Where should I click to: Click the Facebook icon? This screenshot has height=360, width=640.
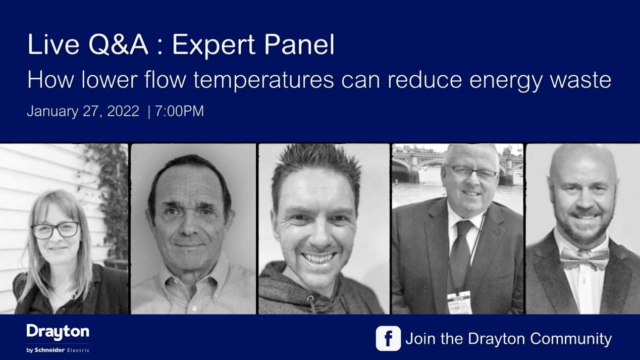click(388, 338)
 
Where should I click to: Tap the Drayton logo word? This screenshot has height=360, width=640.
click(58, 332)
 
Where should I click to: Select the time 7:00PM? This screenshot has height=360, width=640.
click(180, 112)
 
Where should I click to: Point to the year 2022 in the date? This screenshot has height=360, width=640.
click(123, 112)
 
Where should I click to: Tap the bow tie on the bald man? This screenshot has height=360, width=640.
click(585, 259)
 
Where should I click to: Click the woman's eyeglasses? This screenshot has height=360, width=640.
click(56, 230)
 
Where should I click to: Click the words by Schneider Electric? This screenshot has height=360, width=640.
click(58, 350)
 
